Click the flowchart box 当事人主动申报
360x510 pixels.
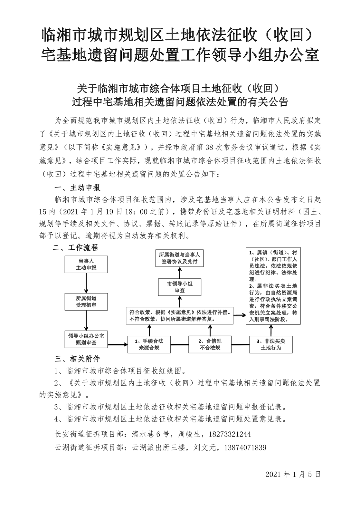pyautogui.click(x=86, y=264)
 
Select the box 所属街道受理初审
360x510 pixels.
pyautogui.click(x=86, y=302)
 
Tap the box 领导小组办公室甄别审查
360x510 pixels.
pyautogui.click(x=86, y=339)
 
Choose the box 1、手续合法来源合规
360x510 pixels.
pyautogui.click(x=149, y=344)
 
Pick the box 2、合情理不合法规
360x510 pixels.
pyautogui.click(x=210, y=344)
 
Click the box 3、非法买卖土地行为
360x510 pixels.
pyautogui.click(x=271, y=344)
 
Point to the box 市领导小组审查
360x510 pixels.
pyautogui.click(x=179, y=287)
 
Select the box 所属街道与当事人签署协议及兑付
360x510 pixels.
pyautogui.click(x=179, y=258)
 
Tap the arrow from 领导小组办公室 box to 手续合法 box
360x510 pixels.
pyautogui.click(x=118, y=344)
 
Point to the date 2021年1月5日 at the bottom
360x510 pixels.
pyautogui.click(x=293, y=474)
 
